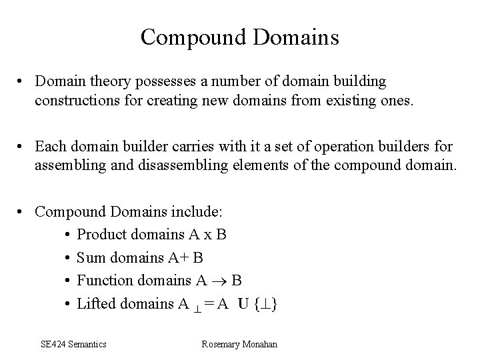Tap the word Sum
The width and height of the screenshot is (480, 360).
coord(90,258)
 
